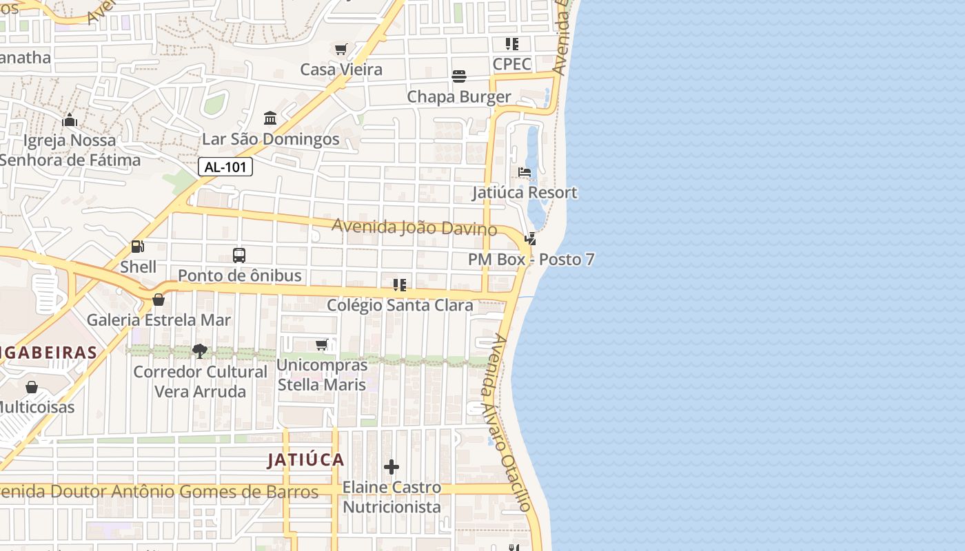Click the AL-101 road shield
point(225,167)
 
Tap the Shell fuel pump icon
point(138,246)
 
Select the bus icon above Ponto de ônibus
point(239,256)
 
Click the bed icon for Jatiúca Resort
point(525,172)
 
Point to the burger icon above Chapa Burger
point(459,76)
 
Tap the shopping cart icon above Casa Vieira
point(341,49)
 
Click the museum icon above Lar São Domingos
point(270,118)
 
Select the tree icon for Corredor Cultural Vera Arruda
point(200,351)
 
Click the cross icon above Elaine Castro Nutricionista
point(392,467)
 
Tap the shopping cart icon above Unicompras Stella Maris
point(321,344)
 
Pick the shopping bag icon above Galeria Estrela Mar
point(159,300)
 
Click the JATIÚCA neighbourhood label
point(305,459)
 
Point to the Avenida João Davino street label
point(414,227)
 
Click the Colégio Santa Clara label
point(400,305)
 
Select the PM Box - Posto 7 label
point(531,260)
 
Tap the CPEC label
point(512,64)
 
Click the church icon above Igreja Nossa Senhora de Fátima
point(69,121)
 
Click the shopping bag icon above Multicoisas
point(31,387)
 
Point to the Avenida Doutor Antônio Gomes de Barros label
point(159,492)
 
